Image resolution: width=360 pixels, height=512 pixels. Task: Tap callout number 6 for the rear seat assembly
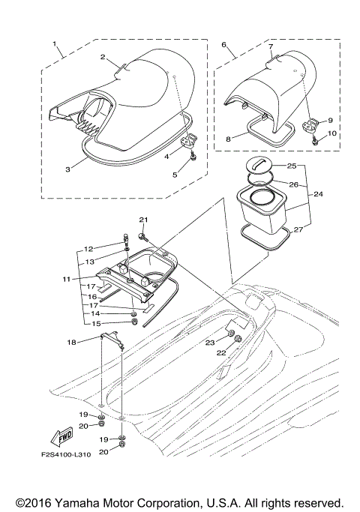(x=224, y=44)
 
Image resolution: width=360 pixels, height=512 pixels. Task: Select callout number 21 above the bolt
(x=143, y=218)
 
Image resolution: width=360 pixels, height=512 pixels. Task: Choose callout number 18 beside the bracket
(x=71, y=342)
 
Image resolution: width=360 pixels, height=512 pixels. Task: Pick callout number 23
(x=211, y=342)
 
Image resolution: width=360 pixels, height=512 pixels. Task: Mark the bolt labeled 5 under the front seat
(x=193, y=158)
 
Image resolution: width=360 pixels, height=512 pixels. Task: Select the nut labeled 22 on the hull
(x=237, y=339)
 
